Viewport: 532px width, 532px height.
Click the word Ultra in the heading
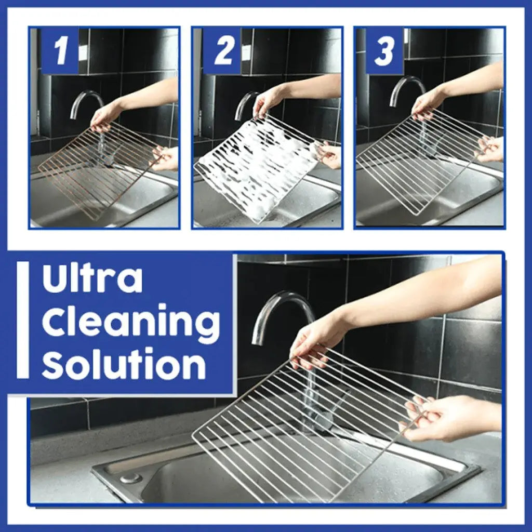92,280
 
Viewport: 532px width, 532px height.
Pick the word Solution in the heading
124,365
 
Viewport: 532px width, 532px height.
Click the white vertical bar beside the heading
23,320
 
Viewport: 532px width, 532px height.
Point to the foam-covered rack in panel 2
255,169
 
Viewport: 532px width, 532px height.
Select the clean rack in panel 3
416,161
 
